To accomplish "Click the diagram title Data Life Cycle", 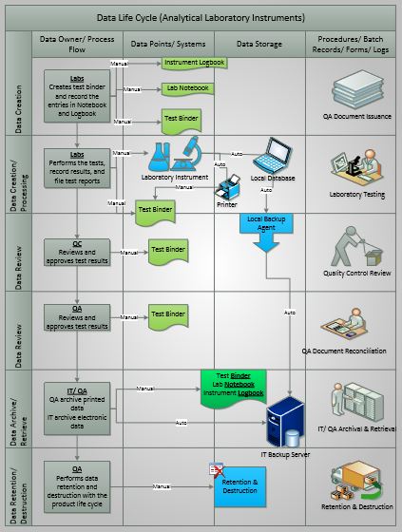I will click(201, 16).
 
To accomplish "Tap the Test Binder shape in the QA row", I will click(168, 314).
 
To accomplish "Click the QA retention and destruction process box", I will click(77, 484).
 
